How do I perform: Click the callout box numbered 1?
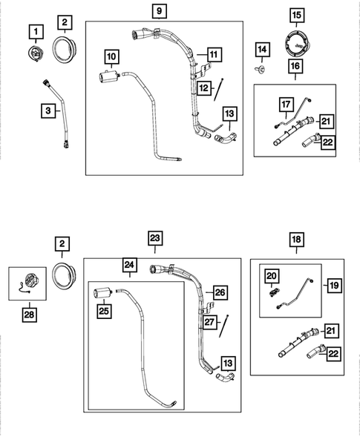[x=36, y=32]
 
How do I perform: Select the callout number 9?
[x=160, y=11]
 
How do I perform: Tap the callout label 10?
[x=111, y=56]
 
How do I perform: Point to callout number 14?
[x=262, y=50]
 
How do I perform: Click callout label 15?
[x=297, y=16]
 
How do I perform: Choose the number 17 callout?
[x=286, y=105]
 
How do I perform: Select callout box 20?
[x=272, y=276]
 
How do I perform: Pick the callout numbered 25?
[x=104, y=311]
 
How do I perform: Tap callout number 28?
[x=29, y=315]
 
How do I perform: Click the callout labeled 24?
[x=129, y=265]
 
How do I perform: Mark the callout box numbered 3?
[x=48, y=111]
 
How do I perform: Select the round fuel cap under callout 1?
[x=35, y=53]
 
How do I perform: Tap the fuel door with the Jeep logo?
[x=298, y=44]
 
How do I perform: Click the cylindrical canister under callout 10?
[x=110, y=76]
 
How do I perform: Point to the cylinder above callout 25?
[x=103, y=293]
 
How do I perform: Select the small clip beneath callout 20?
[x=273, y=292]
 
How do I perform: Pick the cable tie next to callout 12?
[x=219, y=89]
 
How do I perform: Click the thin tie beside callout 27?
[x=224, y=326]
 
